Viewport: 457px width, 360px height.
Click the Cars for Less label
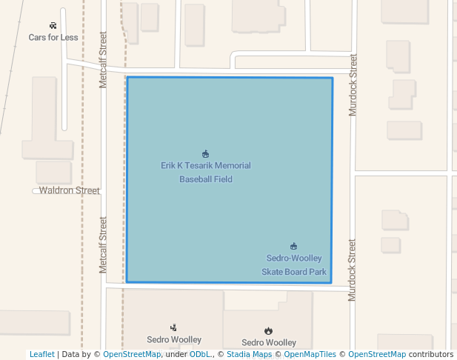coord(53,37)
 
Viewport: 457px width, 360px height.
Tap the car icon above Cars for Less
coord(53,25)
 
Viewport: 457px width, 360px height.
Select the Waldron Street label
coord(69,190)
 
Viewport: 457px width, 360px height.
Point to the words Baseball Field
coord(206,179)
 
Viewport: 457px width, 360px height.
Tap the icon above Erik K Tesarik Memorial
coord(205,154)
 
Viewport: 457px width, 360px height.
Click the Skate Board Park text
coord(294,272)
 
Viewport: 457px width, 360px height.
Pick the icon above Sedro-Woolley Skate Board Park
coord(294,246)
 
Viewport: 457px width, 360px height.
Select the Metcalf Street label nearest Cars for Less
coord(104,59)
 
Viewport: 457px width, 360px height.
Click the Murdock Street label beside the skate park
coord(353,269)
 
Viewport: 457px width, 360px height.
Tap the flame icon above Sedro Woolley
coord(268,330)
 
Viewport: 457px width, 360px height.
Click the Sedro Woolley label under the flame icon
coord(268,343)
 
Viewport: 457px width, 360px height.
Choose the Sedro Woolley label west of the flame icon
coord(174,340)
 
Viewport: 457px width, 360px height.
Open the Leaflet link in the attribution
coord(41,355)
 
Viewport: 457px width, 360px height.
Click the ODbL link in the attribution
coord(200,355)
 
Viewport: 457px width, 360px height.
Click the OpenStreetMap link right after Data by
coord(132,355)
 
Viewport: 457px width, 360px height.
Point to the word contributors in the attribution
coord(430,355)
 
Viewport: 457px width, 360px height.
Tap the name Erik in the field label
coord(167,166)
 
